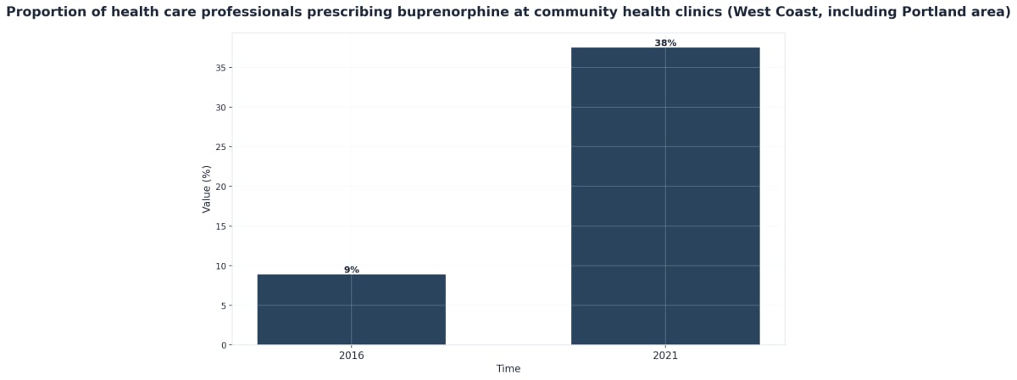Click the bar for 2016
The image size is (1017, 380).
[x=351, y=310]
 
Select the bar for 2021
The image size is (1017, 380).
[x=665, y=196]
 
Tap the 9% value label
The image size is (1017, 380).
[x=352, y=270]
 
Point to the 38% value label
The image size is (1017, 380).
[x=665, y=43]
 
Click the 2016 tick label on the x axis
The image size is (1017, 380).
[x=351, y=355]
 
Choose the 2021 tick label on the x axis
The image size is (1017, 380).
[x=665, y=355]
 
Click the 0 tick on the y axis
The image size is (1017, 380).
[x=224, y=345]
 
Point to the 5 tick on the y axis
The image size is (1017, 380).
[x=224, y=305]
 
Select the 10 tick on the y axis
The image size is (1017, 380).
[x=221, y=265]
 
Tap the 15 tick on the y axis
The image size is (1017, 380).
[x=221, y=226]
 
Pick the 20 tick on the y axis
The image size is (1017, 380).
[x=221, y=187]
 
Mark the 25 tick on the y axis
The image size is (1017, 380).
[x=221, y=147]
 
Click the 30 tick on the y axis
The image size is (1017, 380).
[x=221, y=108]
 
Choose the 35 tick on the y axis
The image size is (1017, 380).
[x=221, y=68]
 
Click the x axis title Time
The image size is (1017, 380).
[x=508, y=369]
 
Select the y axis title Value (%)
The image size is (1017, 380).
[x=207, y=189]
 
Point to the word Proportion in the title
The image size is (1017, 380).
[x=47, y=13]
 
